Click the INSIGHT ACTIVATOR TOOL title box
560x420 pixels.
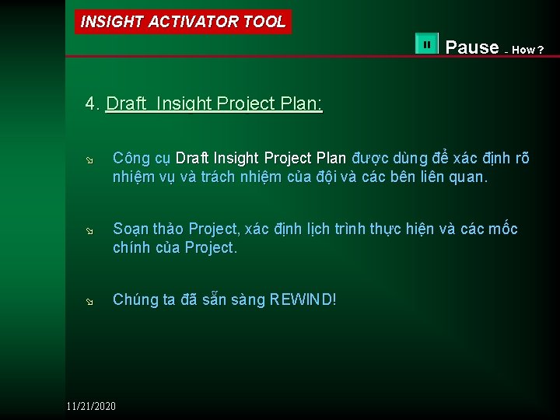(184, 22)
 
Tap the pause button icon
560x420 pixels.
(427, 45)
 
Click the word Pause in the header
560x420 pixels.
(472, 47)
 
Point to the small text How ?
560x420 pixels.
(529, 51)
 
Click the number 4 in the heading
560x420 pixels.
(91, 104)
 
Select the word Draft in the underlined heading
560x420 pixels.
(128, 104)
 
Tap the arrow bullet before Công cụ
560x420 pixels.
(89, 159)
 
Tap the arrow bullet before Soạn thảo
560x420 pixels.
(89, 230)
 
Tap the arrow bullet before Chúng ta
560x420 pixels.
(89, 301)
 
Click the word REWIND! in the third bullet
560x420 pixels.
(303, 300)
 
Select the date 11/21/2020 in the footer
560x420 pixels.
(91, 406)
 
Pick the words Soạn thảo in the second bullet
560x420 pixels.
(149, 229)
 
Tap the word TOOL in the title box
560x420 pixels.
(264, 22)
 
